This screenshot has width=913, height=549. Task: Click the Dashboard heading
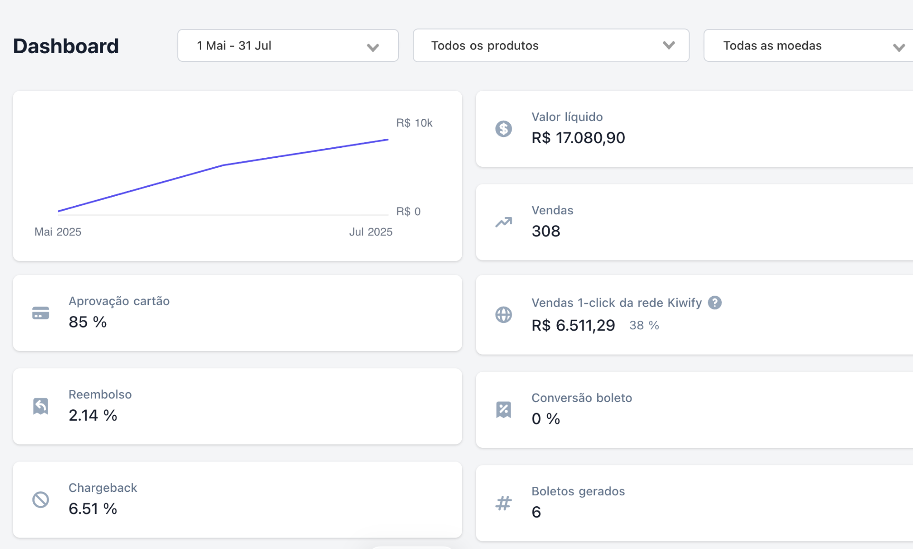[x=66, y=46]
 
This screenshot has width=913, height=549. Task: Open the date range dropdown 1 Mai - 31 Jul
[x=288, y=46]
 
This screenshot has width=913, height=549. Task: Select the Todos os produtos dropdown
[x=551, y=46]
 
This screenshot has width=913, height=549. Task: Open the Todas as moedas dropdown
[x=808, y=46]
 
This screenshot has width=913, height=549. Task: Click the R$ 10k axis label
[x=414, y=123]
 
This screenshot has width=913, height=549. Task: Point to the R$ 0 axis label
[x=408, y=212]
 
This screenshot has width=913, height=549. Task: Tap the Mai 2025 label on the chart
[x=58, y=232]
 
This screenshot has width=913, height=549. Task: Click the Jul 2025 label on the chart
[x=371, y=232]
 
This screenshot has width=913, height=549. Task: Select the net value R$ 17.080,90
[x=578, y=138]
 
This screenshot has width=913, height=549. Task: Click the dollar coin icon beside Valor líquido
[x=504, y=129]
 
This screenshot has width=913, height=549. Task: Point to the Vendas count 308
[x=546, y=231]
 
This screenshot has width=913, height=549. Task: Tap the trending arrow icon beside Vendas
[x=504, y=222]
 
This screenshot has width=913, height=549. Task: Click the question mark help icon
[x=715, y=303]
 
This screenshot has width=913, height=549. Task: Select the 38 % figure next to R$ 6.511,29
[x=644, y=326]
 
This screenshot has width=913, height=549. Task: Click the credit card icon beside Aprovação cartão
[x=41, y=313]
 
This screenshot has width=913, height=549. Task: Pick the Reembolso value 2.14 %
[x=93, y=415]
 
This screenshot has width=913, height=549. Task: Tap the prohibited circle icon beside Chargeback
[x=41, y=500]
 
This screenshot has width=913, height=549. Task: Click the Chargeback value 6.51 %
[x=93, y=509]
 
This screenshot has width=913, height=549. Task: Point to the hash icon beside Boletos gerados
[x=504, y=503]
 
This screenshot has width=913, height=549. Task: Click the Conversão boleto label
[x=582, y=398]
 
